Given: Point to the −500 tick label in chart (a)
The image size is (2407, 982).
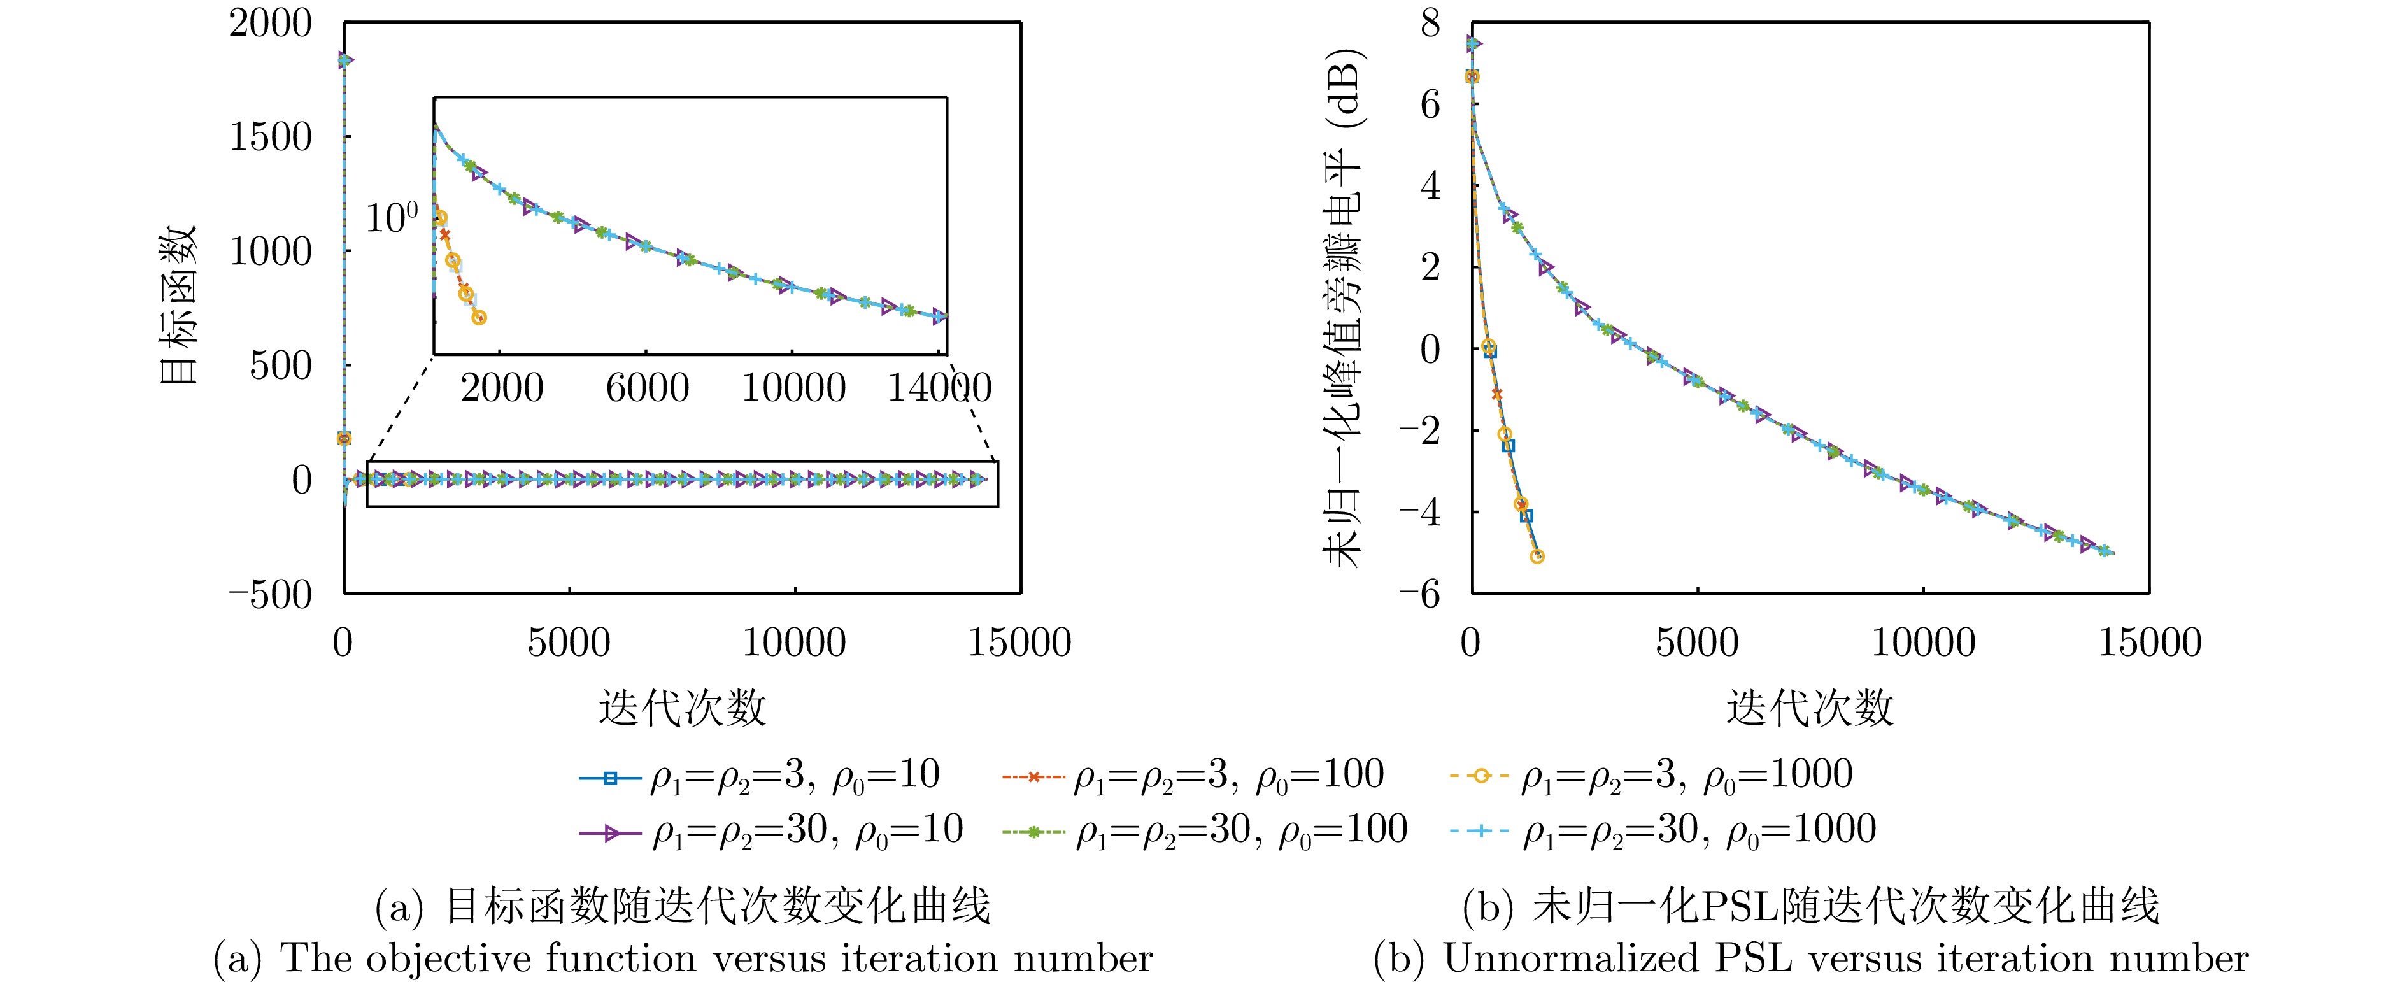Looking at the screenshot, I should [269, 594].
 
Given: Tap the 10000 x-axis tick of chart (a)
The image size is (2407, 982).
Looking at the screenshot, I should [794, 643].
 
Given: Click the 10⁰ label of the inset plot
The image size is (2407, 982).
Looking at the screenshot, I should [390, 218].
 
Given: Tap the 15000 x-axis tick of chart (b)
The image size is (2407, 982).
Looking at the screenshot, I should [2149, 643].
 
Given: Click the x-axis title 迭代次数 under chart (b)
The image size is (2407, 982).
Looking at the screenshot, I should [1809, 708].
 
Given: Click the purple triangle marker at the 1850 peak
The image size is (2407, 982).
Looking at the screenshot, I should [344, 60].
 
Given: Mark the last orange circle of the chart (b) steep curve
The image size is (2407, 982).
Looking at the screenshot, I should [1537, 556].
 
